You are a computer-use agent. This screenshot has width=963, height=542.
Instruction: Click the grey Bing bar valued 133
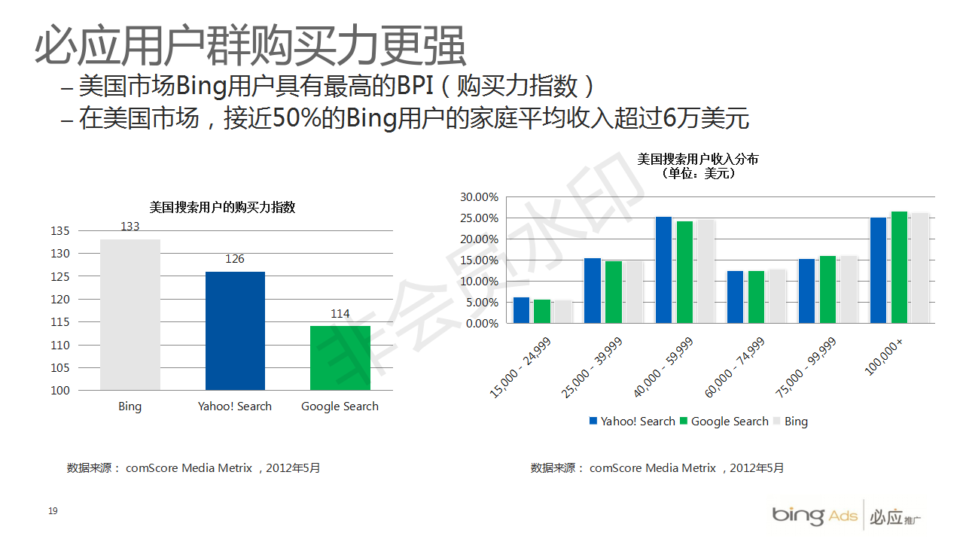(130, 315)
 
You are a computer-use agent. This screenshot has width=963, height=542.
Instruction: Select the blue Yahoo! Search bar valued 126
(235, 330)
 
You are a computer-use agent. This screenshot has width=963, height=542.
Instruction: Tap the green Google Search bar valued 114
(340, 358)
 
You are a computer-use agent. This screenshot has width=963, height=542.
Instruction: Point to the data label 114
(340, 314)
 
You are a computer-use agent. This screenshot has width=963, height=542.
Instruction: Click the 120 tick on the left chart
(60, 300)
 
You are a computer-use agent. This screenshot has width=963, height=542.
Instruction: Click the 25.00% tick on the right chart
(480, 218)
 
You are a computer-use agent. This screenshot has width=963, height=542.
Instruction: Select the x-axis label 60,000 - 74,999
(734, 368)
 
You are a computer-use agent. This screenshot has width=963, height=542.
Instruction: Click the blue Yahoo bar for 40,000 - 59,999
(663, 269)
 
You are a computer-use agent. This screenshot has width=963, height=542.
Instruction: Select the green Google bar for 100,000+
(899, 267)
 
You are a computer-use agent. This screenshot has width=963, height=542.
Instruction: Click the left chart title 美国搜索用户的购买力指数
(223, 208)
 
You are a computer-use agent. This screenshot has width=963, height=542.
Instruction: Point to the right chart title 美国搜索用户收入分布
(698, 159)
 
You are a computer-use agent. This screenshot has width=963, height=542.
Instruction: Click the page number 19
(53, 512)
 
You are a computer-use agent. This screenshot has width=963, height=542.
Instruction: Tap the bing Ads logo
(814, 516)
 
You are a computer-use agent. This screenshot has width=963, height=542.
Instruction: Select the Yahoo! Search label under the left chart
(235, 406)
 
